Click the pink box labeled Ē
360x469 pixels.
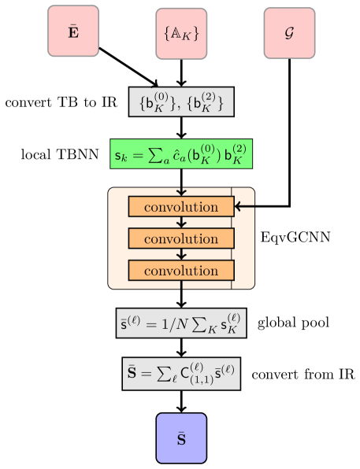tap(73, 31)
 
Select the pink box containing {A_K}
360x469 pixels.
tap(181, 34)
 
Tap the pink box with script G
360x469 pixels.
tap(289, 34)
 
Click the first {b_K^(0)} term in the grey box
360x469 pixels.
tap(155, 102)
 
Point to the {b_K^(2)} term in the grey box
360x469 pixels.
tap(207, 102)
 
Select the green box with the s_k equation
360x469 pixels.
tap(181, 153)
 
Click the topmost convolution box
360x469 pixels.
tap(181, 207)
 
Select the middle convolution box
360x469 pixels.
tap(181, 238)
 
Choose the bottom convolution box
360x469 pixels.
tap(181, 271)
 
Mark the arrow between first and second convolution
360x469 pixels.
tap(181, 223)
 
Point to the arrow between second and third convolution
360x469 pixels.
tap(181, 255)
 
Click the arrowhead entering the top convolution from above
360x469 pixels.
tap(181, 193)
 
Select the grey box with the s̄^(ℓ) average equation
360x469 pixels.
tap(181, 323)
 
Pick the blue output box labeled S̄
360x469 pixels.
tap(181, 438)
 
